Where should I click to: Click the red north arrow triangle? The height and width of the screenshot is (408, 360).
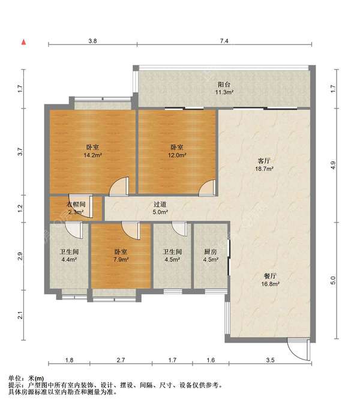tap(23, 42)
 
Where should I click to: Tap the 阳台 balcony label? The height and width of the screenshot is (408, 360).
tap(224, 85)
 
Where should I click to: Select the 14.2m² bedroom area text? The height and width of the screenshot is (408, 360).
tap(92, 155)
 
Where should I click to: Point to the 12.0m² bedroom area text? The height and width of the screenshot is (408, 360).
tap(177, 155)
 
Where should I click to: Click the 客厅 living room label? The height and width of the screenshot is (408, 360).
tap(264, 161)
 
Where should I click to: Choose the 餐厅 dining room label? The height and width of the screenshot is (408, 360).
tap(270, 276)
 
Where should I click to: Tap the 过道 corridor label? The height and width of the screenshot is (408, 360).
tap(160, 205)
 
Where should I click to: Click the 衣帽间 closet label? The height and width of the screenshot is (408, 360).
tap(76, 205)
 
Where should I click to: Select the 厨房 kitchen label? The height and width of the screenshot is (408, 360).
tap(211, 251)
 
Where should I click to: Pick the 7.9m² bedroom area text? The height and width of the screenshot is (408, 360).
tap(121, 259)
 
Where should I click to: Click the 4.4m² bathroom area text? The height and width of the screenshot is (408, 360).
tap(69, 259)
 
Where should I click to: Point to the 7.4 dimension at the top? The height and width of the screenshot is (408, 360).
tap(224, 41)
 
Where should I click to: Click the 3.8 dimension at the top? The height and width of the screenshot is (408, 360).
tap(92, 41)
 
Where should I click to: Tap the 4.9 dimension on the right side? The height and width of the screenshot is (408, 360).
tap(333, 165)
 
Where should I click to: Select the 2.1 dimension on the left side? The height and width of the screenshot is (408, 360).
tap(20, 316)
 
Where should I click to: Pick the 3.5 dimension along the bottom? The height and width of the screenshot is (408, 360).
tap(271, 360)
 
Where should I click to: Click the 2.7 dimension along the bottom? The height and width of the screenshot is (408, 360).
tap(121, 360)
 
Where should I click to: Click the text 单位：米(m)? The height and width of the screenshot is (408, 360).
tap(26, 379)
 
